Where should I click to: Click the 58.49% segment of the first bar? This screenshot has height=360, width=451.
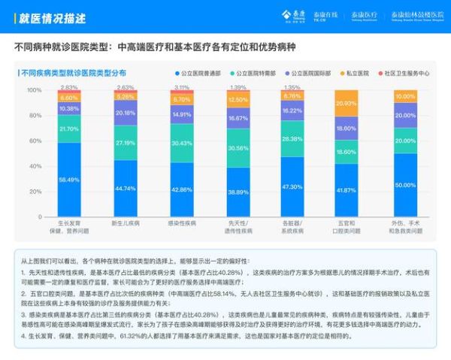click(x=69, y=180)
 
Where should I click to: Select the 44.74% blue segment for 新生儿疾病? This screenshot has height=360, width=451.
click(x=125, y=188)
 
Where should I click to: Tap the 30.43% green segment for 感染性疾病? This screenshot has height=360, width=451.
click(x=181, y=144)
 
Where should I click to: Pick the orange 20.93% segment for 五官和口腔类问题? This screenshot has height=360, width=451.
click(x=347, y=104)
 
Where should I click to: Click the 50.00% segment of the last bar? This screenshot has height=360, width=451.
click(x=404, y=185)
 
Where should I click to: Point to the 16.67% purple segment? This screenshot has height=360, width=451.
click(x=238, y=118)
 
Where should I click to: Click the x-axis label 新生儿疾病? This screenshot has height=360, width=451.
click(x=125, y=223)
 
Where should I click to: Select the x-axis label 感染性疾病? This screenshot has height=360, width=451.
click(x=181, y=223)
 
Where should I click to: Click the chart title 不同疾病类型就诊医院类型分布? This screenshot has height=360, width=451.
click(x=73, y=74)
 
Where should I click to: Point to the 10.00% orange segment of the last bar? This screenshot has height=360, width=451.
click(x=404, y=96)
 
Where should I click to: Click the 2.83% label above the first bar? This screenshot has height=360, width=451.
click(x=69, y=88)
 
